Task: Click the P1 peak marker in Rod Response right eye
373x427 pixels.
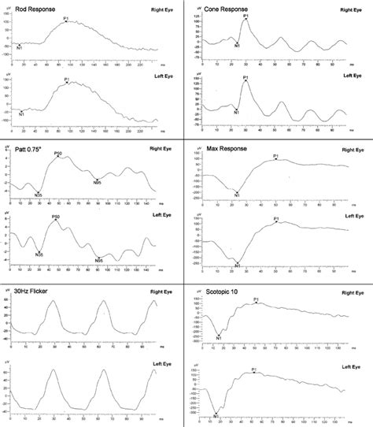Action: (x=67, y=21)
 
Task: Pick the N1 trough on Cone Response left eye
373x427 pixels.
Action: (x=235, y=111)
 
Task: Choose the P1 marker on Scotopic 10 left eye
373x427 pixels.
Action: (x=254, y=371)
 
